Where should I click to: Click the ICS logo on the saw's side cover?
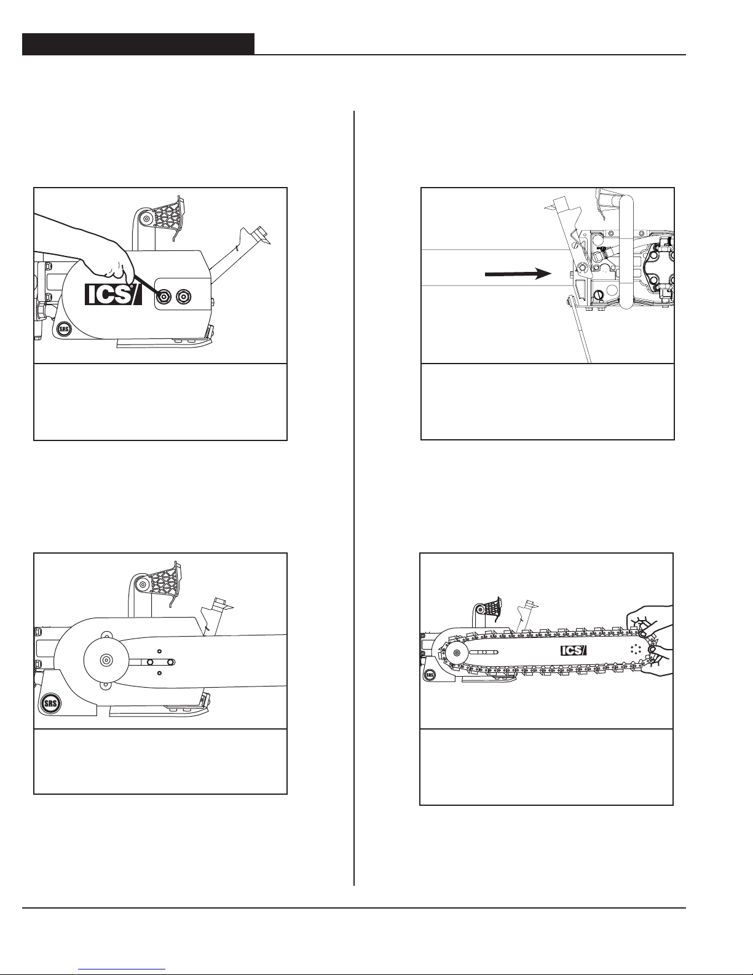113,294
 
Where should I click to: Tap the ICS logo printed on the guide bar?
574,650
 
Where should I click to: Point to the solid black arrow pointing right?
518,274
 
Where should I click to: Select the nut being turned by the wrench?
165,296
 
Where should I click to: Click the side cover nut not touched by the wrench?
184,296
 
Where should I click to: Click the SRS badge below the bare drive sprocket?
51,703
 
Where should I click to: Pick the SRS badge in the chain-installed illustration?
430,674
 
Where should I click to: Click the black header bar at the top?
138,44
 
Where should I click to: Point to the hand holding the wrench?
85,251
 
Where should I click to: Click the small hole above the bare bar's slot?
160,651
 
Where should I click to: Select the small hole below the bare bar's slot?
160,673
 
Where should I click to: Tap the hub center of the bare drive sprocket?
106,659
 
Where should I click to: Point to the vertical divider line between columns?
354,498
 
